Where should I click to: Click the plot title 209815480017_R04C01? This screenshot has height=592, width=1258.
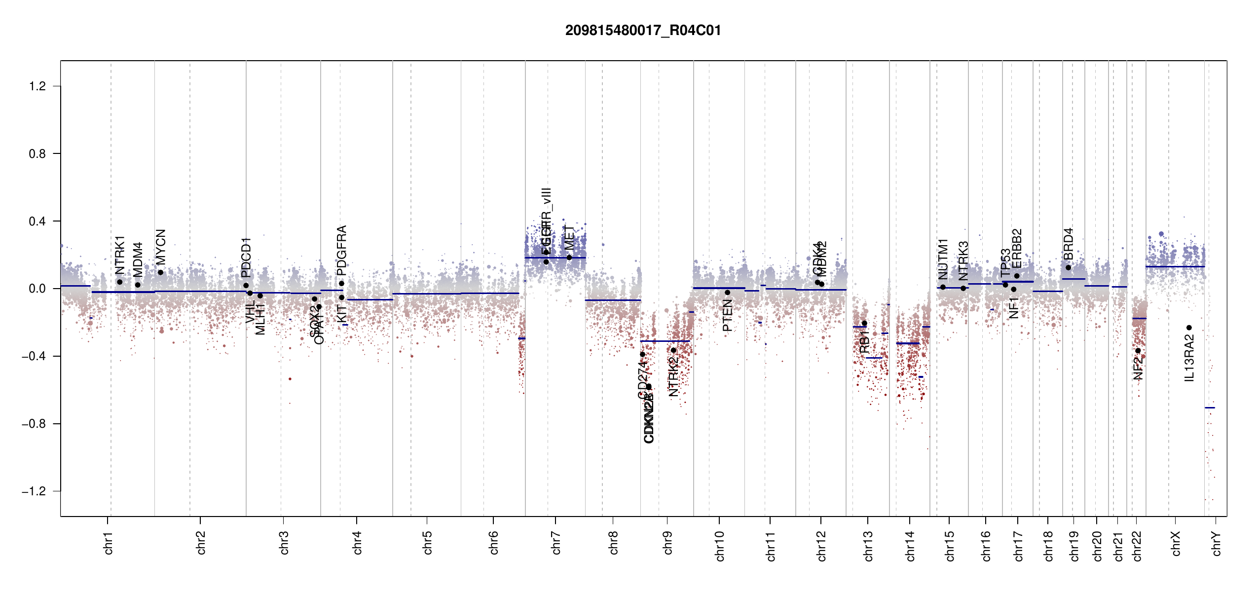coord(643,31)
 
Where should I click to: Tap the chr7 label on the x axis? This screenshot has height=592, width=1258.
coord(556,543)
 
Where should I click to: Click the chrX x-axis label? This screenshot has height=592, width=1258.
coord(1176,543)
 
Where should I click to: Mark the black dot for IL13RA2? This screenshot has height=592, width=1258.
coord(1189,328)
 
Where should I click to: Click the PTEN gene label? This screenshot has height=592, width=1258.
coord(727,316)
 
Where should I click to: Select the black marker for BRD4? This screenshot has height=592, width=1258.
coord(1068,267)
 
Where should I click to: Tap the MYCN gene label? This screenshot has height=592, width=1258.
coord(160,247)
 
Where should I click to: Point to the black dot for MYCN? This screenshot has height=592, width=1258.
coord(160,272)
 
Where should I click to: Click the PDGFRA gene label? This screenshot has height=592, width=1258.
coord(341,250)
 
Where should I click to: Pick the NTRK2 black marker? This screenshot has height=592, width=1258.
coord(673,350)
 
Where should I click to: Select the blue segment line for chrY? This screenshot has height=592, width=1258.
coord(1210,407)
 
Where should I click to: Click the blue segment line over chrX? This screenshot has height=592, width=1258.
coord(1175,267)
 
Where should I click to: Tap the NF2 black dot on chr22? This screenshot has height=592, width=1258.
coord(1138,351)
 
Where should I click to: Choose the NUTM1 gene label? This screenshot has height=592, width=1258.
coord(943,259)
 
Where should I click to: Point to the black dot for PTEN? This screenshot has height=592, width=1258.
coord(727,293)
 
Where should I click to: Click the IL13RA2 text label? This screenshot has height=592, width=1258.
coord(1189,358)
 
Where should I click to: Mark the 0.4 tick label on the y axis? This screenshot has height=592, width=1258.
coord(37,222)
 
